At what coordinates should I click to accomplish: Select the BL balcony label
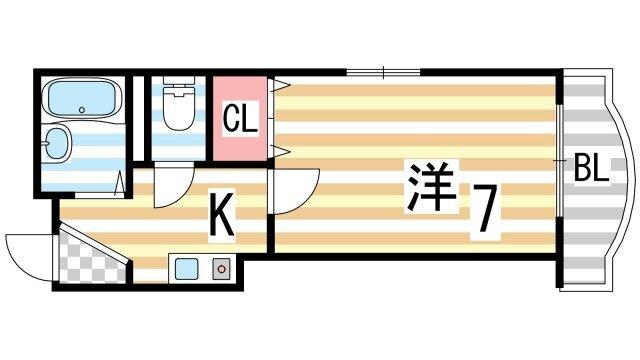[590, 169]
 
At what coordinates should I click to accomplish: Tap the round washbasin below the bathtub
[60, 145]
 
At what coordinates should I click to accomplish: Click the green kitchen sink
[186, 267]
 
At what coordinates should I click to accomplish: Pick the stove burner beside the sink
[220, 267]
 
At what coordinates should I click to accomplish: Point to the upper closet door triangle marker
[283, 84]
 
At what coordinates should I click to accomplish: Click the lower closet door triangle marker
[283, 150]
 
